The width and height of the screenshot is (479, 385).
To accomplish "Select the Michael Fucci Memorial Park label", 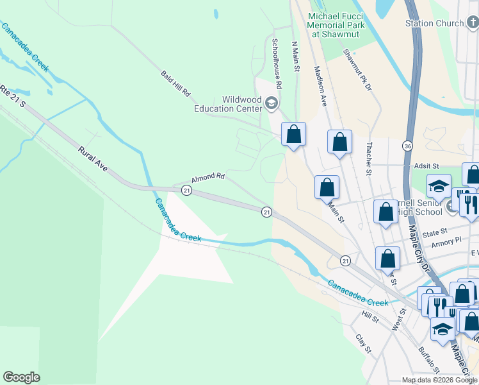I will pyautogui.click(x=336, y=25).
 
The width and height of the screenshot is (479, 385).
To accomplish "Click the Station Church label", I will pyautogui.click(x=434, y=23).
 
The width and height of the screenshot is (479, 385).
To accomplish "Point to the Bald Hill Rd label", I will pyautogui.click(x=176, y=84).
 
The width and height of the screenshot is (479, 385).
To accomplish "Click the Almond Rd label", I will pyautogui.click(x=207, y=177).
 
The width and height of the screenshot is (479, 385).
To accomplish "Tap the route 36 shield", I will pyautogui.click(x=408, y=146).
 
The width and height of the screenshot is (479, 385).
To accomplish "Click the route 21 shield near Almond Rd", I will pyautogui.click(x=186, y=190).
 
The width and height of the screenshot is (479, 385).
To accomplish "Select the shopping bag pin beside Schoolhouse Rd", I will pyautogui.click(x=293, y=134).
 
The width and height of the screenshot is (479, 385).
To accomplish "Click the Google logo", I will pyautogui.click(x=21, y=377).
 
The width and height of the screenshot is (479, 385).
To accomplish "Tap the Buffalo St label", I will pyautogui.click(x=428, y=360).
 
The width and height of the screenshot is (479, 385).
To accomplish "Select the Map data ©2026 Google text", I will pyautogui.click(x=439, y=380).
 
